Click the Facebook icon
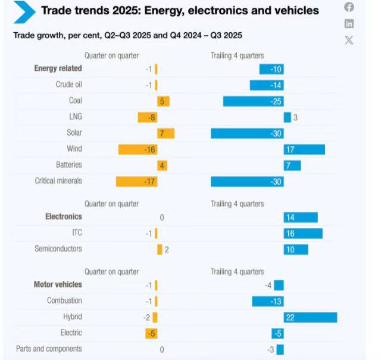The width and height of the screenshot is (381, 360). tap(349, 7)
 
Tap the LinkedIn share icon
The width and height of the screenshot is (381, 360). tap(349, 24)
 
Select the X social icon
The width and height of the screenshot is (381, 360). tap(349, 40)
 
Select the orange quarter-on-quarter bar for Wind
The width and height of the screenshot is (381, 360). tap(138, 149)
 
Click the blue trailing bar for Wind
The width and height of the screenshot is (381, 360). tap(304, 149)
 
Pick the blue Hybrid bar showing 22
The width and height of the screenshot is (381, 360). tap(310, 317)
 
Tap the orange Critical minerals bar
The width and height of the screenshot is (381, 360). tap(136, 181)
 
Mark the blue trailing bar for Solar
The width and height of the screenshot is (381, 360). tap(247, 133)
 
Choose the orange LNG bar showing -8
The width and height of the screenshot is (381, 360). tap(147, 117)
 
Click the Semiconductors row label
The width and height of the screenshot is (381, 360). tap(58, 249)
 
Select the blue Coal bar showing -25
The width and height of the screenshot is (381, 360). tap(253, 101)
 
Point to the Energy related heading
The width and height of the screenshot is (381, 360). tap(58, 68)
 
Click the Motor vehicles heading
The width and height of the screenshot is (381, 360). tap(58, 285)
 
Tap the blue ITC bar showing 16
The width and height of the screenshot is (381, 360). tap(303, 233)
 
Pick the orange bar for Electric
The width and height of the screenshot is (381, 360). tap(151, 333)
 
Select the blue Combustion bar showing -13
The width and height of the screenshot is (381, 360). tap(267, 301)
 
